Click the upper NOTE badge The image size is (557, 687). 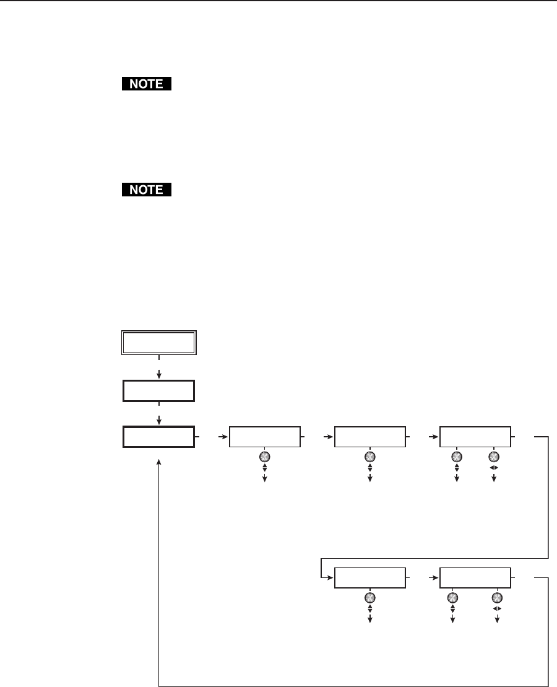click(146, 84)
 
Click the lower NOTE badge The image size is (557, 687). click(146, 190)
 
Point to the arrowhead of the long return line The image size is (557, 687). click(160, 463)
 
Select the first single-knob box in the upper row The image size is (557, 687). click(265, 437)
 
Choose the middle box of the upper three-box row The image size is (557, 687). click(370, 437)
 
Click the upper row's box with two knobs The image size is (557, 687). click(475, 437)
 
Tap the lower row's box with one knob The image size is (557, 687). click(370, 578)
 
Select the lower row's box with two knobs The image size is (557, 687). click(475, 578)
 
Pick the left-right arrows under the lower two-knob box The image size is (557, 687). click(497, 610)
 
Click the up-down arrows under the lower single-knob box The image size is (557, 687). click(370, 610)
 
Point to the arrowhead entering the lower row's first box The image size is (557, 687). click(331, 578)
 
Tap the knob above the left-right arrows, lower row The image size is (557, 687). click(497, 598)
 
